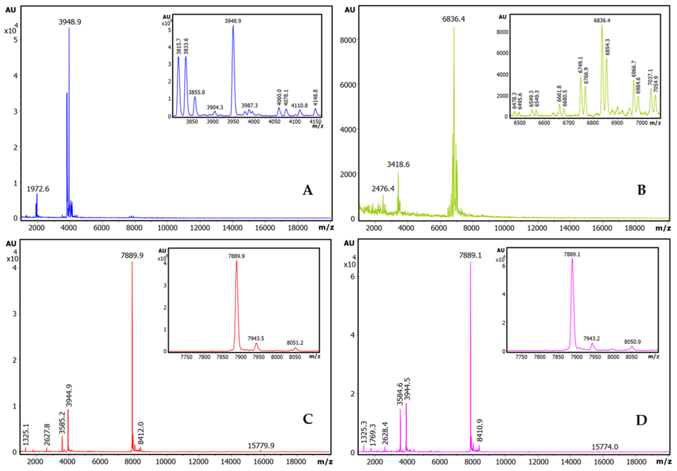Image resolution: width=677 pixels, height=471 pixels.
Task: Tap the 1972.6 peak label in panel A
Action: coord(38,189)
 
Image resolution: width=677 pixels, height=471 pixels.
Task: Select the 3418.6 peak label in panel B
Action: coord(398,164)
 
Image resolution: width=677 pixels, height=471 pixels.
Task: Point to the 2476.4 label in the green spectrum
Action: coord(383,188)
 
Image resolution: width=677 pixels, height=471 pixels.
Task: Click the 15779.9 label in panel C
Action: coord(261,445)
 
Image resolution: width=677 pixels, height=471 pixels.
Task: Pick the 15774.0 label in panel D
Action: coord(605,447)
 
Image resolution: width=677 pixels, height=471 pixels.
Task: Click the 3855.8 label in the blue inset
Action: coord(197,92)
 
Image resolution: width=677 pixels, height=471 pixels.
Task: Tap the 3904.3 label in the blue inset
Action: coord(215,107)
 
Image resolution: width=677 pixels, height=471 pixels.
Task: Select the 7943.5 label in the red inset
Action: coord(256,338)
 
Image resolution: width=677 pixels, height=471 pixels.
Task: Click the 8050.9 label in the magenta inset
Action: coord(633,342)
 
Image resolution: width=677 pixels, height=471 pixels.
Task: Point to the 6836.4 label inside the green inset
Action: coord(602,20)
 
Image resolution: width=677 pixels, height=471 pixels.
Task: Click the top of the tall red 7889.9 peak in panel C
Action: coord(132,262)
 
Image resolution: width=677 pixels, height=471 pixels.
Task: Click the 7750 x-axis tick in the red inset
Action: coord(186,357)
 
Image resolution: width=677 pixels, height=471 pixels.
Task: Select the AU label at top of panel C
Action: coord(11,244)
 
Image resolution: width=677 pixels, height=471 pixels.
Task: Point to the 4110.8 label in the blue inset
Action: coord(299,105)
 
